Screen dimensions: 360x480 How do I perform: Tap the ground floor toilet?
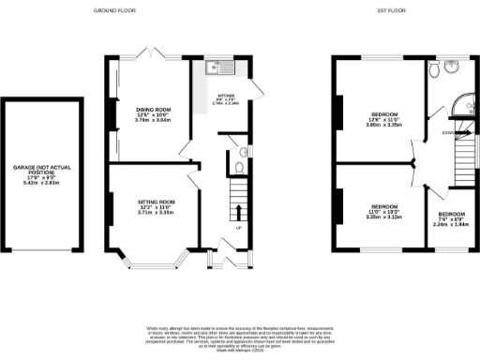240,170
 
